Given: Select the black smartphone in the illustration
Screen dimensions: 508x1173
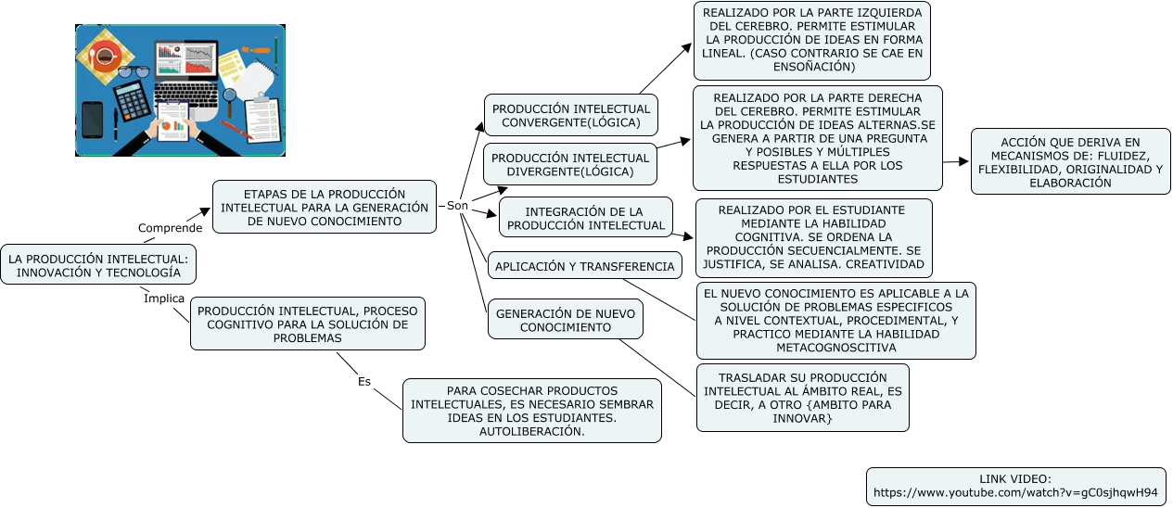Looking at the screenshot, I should [x=93, y=120].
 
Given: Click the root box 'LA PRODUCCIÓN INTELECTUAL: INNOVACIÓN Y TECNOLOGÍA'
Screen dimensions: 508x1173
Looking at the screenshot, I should [x=98, y=266].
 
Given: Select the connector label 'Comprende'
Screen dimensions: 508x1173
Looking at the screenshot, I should [x=170, y=228].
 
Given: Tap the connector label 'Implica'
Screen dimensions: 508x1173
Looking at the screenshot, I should [x=163, y=298].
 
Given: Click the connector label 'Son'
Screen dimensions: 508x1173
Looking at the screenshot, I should [x=457, y=205].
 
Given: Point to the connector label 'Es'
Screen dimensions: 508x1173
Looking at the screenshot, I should [x=364, y=381].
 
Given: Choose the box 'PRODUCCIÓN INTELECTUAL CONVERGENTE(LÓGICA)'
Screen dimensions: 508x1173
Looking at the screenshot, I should [x=570, y=116].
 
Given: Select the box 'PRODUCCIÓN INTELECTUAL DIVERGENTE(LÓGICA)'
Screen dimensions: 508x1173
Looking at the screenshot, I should [x=570, y=165].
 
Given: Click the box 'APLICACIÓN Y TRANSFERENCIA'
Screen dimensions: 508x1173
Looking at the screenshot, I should [x=584, y=266].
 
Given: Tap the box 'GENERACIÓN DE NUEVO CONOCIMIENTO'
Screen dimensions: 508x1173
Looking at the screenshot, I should [x=566, y=321].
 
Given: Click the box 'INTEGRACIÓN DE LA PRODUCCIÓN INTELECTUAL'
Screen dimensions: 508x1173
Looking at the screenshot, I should [x=586, y=218].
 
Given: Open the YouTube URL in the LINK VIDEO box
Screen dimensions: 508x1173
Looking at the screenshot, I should [x=1015, y=492].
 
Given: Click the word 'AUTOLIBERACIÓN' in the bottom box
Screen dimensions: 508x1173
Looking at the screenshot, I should [x=531, y=431].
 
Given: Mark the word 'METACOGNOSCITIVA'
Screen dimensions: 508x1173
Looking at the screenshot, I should [x=835, y=348].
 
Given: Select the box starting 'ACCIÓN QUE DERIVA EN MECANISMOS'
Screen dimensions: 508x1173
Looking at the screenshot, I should [x=1070, y=162].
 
